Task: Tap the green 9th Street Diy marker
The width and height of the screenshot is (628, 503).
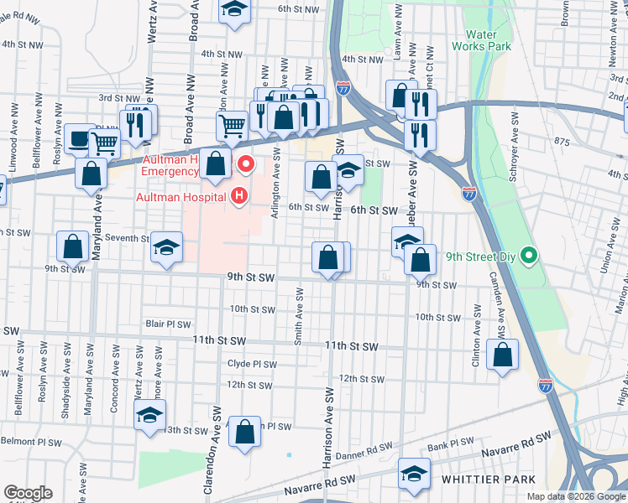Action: pyautogui.click(x=529, y=255)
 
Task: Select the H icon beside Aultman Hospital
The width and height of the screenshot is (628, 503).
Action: pyautogui.click(x=240, y=197)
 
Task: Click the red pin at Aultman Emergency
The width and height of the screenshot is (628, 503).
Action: pyautogui.click(x=246, y=161)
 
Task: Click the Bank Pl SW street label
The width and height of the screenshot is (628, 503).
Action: pyautogui.click(x=451, y=444)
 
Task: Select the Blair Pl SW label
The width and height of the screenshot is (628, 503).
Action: pyautogui.click(x=168, y=324)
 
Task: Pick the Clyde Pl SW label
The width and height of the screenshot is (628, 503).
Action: pyautogui.click(x=252, y=365)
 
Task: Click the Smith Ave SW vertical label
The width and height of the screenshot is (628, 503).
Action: pyautogui.click(x=298, y=318)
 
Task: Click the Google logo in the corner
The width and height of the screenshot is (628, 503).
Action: pyautogui.click(x=28, y=493)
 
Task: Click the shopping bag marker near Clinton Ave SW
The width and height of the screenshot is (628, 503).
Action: pyautogui.click(x=502, y=355)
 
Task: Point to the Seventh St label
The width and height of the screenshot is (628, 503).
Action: pyautogui.click(x=126, y=238)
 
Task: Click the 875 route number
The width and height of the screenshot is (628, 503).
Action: pyautogui.click(x=562, y=142)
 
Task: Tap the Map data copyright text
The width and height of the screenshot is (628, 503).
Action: pyautogui.click(x=576, y=496)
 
